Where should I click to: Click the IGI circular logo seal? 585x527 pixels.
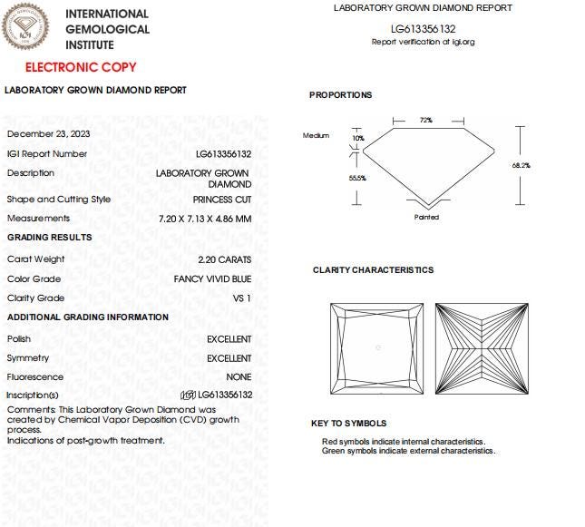tap(26, 26)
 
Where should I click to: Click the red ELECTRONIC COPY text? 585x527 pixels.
tap(81, 67)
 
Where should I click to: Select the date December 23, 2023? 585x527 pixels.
tap(48, 133)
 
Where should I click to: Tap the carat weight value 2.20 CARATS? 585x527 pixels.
tap(223, 259)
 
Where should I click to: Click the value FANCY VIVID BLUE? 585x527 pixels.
tap(212, 278)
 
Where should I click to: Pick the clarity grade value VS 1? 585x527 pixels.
tap(242, 298)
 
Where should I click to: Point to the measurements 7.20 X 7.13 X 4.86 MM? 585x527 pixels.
tap(205, 219)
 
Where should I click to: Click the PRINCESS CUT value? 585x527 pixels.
tap(222, 199)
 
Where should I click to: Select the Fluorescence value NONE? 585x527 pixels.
tap(239, 376)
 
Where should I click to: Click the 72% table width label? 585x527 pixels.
tap(425, 120)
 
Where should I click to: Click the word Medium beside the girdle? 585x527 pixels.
tap(316, 135)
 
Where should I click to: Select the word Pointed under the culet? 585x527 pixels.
tap(426, 217)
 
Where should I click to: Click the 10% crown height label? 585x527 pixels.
tap(357, 138)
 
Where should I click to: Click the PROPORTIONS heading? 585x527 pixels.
tap(340, 95)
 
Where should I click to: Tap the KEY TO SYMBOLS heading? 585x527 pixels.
tap(348, 424)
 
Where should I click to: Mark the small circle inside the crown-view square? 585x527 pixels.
tap(378, 347)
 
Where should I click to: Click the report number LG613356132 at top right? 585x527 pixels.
tap(423, 29)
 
